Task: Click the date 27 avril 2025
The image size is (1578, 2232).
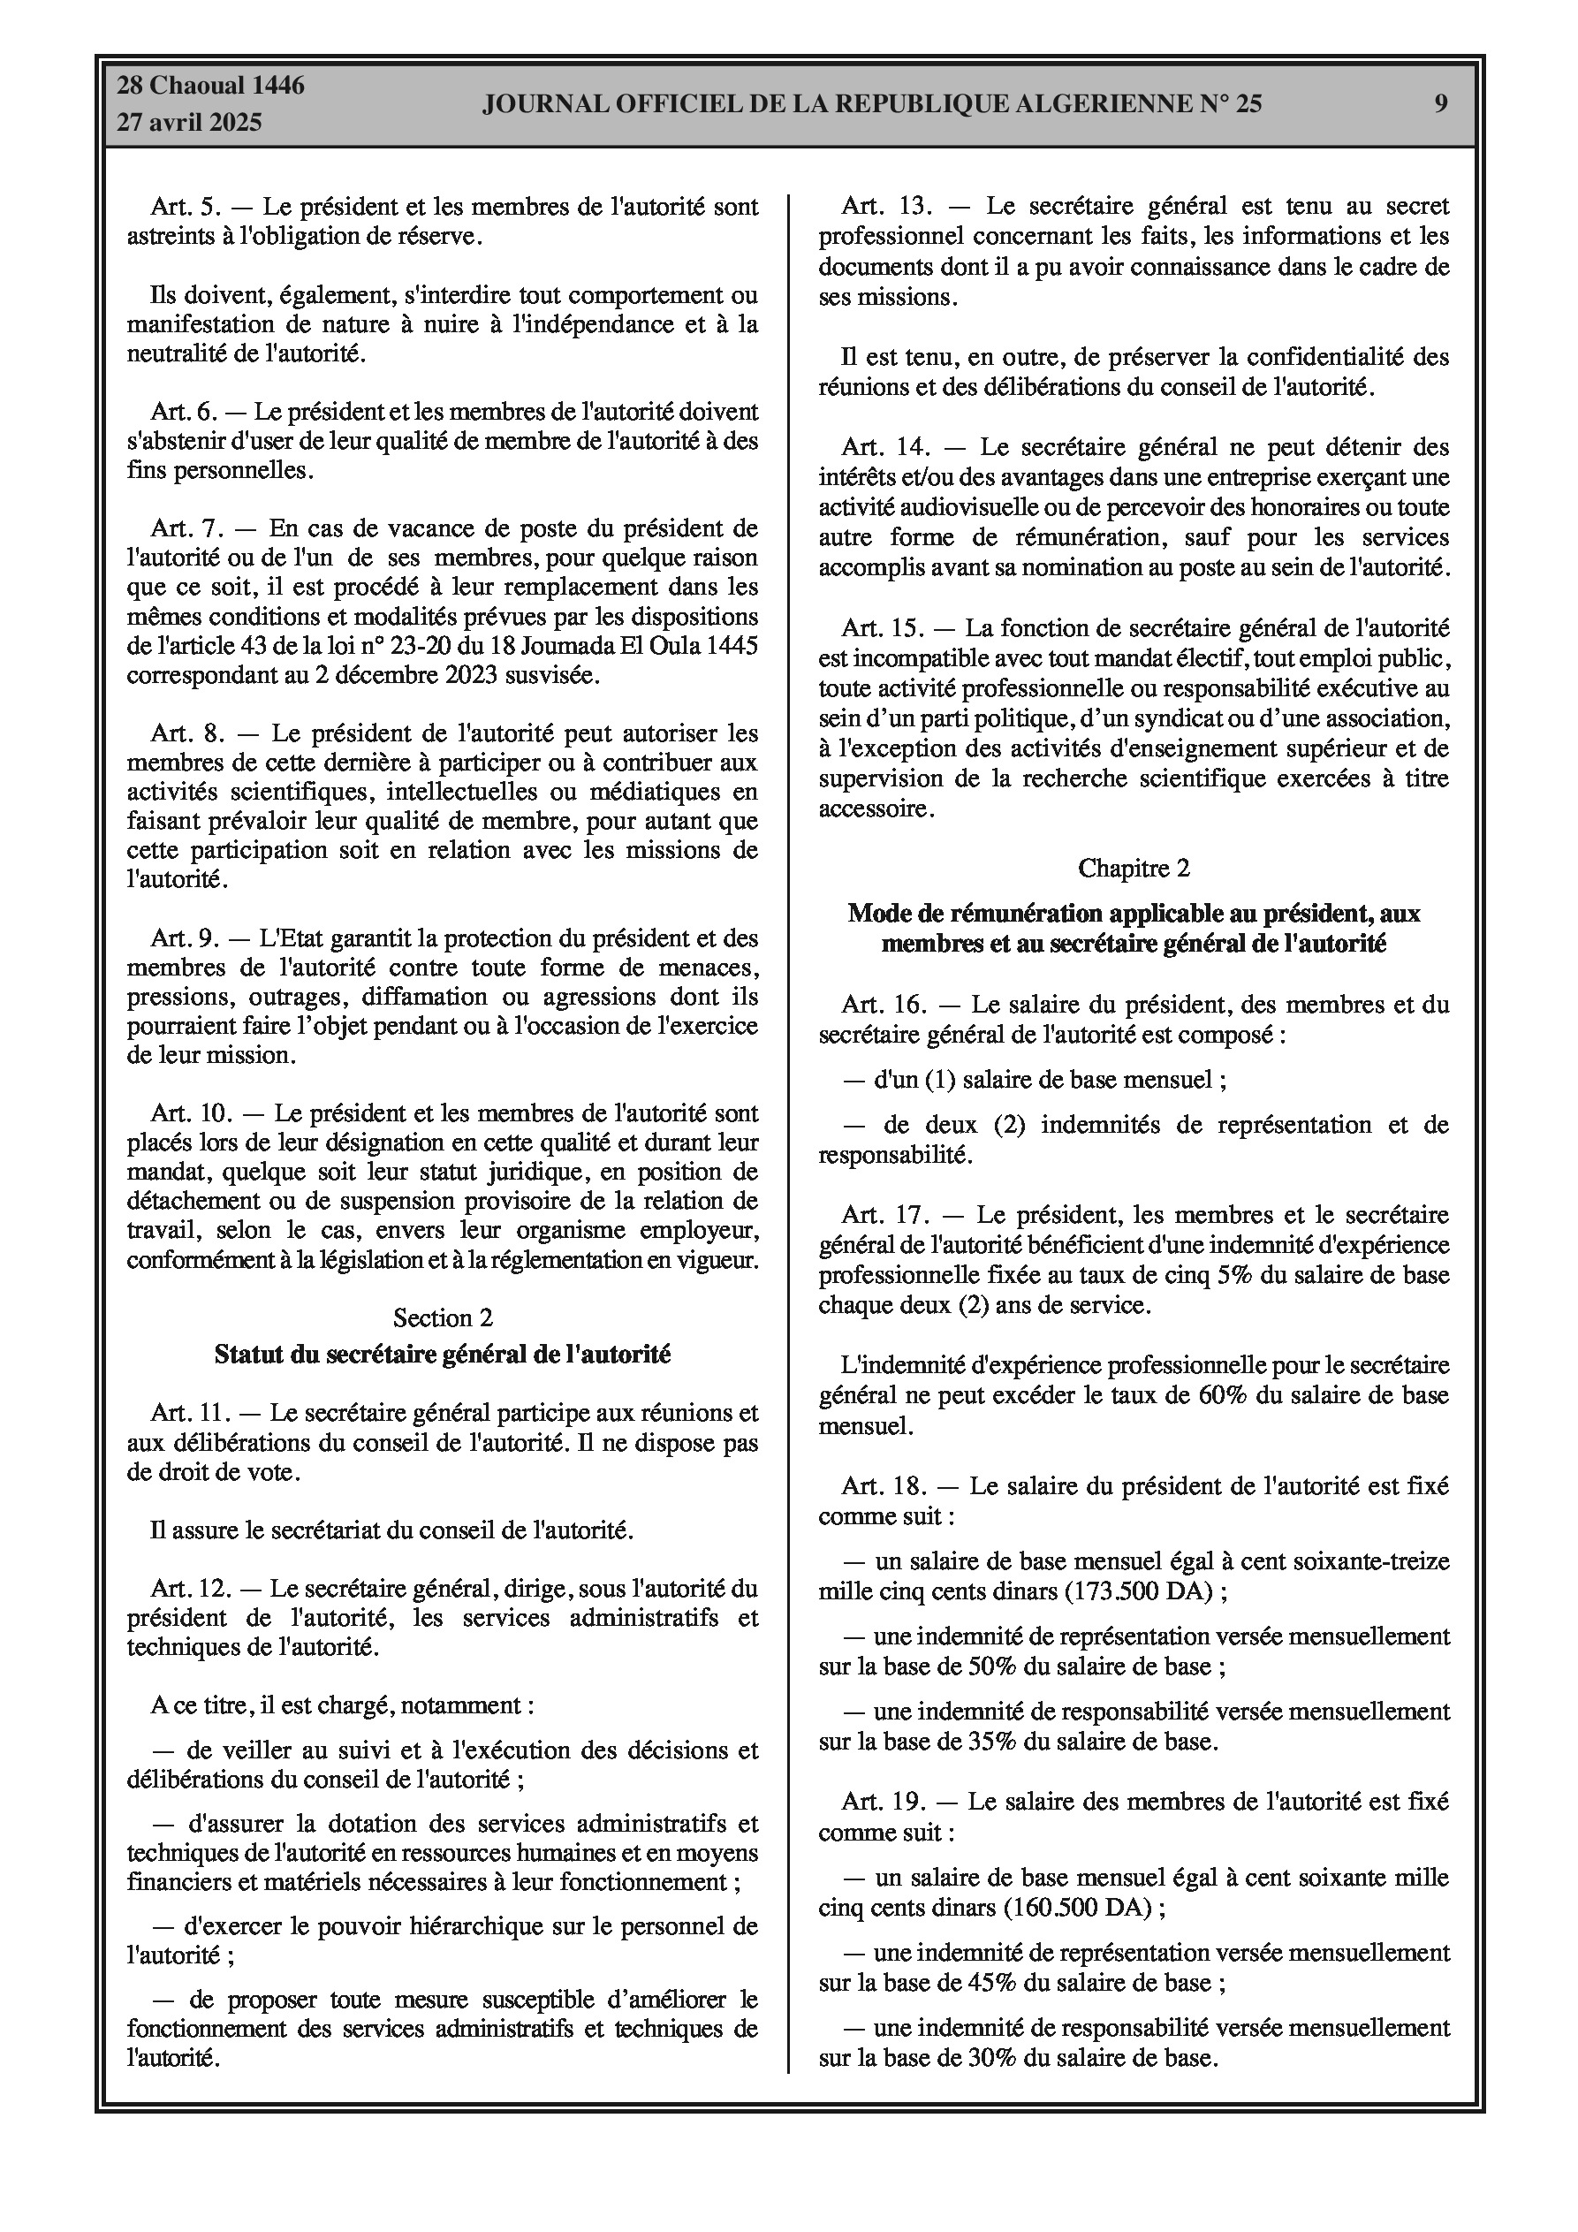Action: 190,123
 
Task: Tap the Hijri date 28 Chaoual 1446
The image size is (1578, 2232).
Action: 211,86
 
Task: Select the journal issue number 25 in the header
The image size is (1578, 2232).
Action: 1248,103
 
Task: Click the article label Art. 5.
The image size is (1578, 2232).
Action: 186,206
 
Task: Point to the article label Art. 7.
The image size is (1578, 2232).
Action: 186,528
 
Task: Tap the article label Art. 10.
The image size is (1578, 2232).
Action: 192,1112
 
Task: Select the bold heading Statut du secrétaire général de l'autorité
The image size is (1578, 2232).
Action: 443,1355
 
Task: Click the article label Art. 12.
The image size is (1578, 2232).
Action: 192,1589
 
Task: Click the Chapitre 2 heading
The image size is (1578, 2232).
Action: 1134,868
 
